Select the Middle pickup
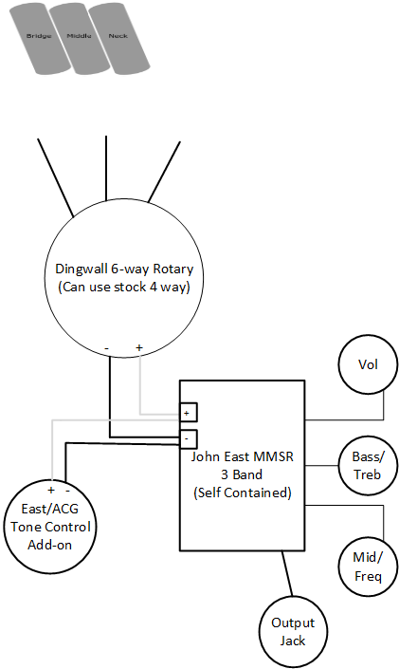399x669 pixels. coord(79,38)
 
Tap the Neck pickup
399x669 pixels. coord(118,38)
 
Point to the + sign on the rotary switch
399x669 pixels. coord(139,347)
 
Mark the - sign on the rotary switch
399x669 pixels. coord(106,348)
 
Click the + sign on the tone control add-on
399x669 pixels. coord(51,490)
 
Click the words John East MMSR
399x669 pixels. coord(242,456)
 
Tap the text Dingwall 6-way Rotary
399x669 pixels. coord(124,269)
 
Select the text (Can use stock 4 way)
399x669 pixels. coord(124,287)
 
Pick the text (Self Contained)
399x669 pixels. coord(243,492)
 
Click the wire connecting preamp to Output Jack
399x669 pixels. coord(287,573)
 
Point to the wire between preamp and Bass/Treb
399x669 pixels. coord(322,465)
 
